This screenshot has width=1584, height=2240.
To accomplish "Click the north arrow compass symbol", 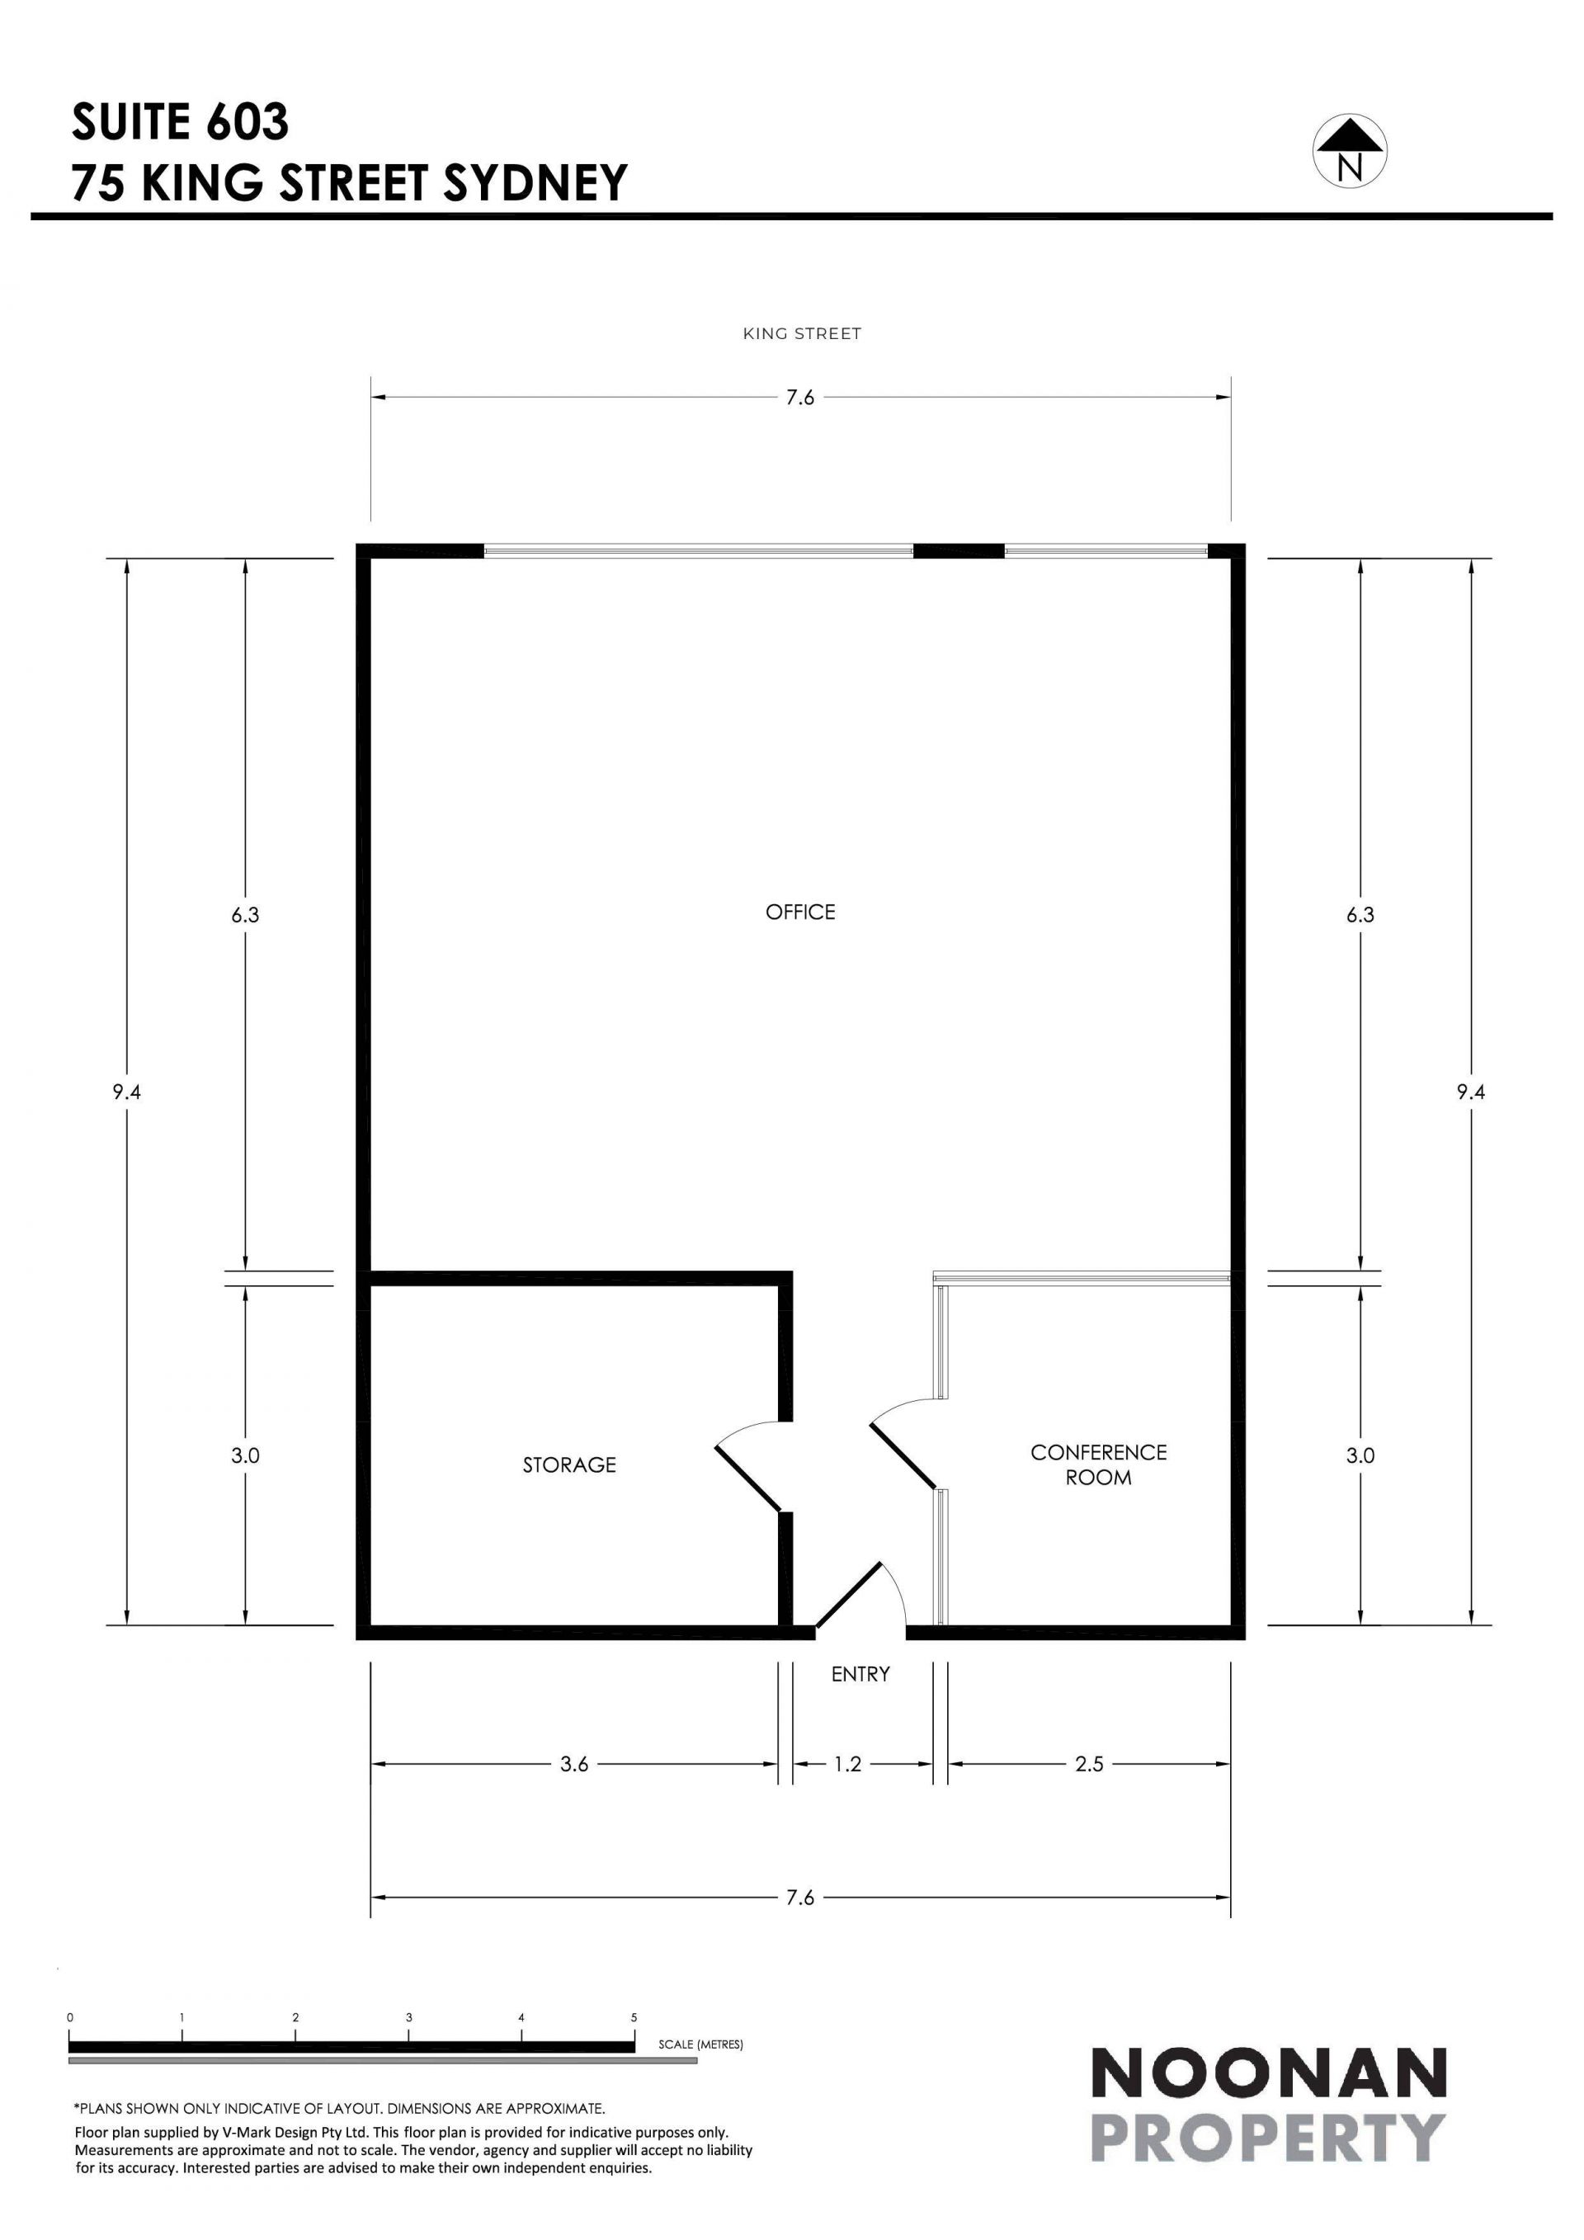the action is pos(1350,151).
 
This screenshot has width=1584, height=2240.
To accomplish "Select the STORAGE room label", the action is pos(569,1464).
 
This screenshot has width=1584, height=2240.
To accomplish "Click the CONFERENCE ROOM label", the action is pos(1098,1464).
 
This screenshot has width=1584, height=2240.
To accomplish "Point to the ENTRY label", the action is pos(860,1674).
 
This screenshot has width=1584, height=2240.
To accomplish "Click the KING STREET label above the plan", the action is pos(802,333).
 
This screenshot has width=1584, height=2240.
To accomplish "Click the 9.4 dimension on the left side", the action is pos(127,1092).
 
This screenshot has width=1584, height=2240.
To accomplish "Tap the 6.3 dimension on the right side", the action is pos(1360,915).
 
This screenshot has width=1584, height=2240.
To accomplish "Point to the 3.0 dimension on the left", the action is pos(245,1455).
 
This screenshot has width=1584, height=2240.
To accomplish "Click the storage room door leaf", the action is pos(748,1480).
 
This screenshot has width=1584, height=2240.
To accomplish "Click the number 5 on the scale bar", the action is pos(634,2017).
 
